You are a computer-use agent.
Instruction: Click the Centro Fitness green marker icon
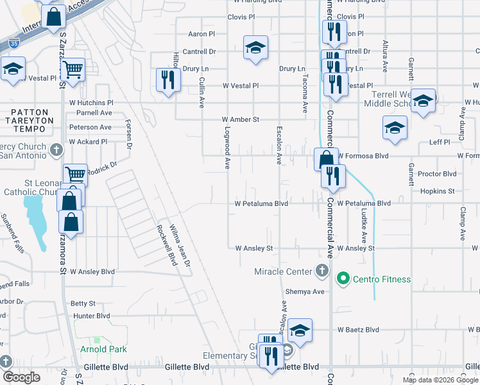point(343,278)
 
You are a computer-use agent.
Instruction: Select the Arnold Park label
point(103,349)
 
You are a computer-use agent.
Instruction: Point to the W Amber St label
point(240,119)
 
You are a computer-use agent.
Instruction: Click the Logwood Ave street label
point(227,147)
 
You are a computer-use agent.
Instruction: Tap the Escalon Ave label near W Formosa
point(279,144)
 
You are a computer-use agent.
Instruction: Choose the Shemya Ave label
point(309,291)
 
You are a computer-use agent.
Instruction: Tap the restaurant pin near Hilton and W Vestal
point(168,80)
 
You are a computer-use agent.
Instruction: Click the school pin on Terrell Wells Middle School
point(423,100)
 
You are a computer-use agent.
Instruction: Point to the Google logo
point(22,377)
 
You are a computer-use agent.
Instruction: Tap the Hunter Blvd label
point(92,316)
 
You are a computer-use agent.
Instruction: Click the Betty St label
point(83,303)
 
